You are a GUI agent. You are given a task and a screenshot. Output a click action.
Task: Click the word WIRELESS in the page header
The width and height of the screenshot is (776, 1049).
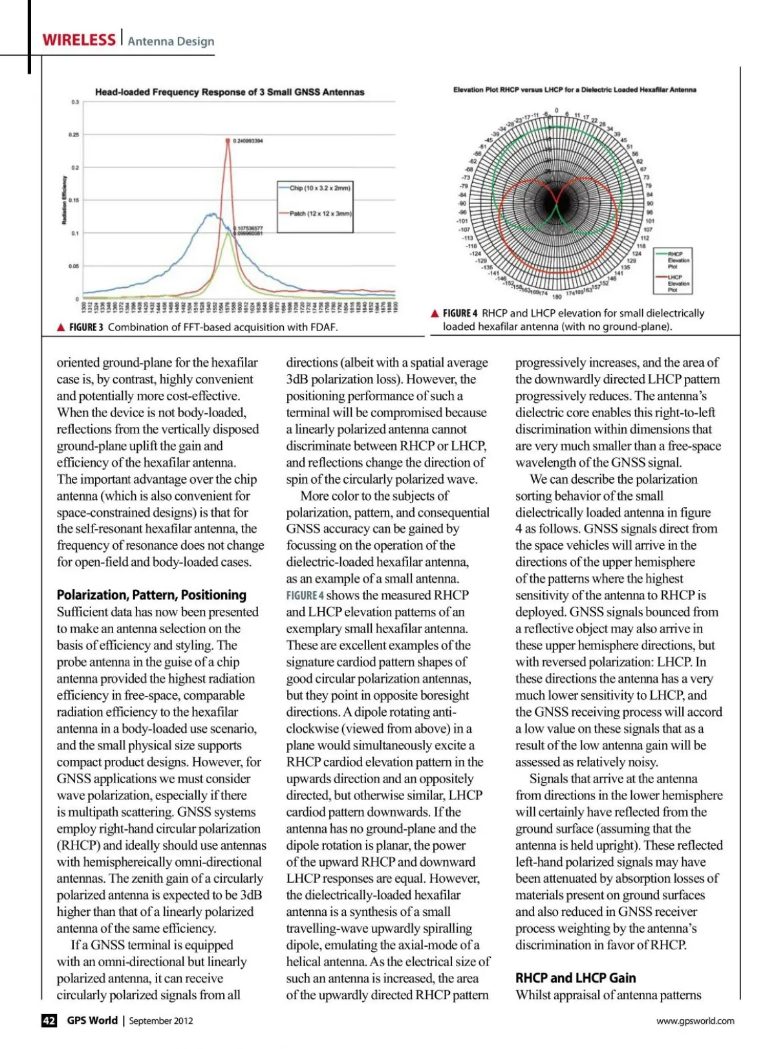pyautogui.click(x=78, y=40)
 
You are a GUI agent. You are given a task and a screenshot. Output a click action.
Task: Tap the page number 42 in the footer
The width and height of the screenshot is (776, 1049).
pyautogui.click(x=49, y=1021)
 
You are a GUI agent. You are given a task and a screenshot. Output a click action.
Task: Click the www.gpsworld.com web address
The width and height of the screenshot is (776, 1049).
pyautogui.click(x=695, y=1021)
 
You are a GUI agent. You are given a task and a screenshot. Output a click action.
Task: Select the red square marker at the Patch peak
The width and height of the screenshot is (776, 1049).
pyautogui.click(x=228, y=140)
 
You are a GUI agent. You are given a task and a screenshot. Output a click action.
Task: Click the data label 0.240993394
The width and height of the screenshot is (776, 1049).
pyautogui.click(x=248, y=140)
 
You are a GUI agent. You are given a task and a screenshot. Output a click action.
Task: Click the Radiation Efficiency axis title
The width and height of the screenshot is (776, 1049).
pyautogui.click(x=65, y=200)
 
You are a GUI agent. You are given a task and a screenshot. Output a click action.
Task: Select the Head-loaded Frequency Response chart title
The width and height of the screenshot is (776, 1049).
pyautogui.click(x=230, y=92)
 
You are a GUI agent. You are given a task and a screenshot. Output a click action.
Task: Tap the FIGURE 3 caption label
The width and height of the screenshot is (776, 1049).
pyautogui.click(x=86, y=327)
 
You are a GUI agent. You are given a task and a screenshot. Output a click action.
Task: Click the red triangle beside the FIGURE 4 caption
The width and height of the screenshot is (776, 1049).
pyautogui.click(x=435, y=314)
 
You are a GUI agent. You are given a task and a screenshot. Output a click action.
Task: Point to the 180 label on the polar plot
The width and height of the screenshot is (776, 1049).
pyautogui.click(x=557, y=297)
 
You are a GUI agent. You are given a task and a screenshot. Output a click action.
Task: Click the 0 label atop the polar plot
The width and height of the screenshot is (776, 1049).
pyautogui.click(x=556, y=111)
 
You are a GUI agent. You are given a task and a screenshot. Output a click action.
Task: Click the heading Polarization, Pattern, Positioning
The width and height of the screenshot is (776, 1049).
pyautogui.click(x=151, y=595)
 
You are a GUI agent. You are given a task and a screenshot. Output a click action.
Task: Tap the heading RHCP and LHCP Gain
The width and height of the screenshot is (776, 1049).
pyautogui.click(x=576, y=978)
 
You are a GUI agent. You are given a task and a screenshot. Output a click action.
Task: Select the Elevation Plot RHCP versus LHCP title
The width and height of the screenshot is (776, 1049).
pyautogui.click(x=574, y=90)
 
